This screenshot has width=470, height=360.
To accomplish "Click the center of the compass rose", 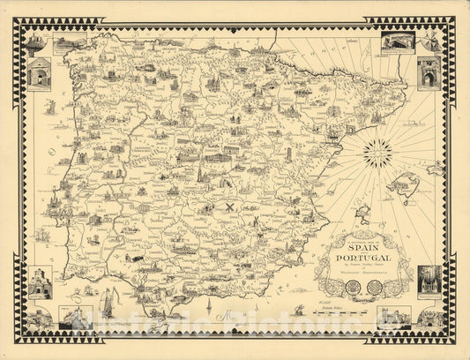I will [377, 153].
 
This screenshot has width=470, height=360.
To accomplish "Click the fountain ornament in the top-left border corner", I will [34, 42].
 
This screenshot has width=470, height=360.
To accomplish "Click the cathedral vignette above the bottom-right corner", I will [429, 280].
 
